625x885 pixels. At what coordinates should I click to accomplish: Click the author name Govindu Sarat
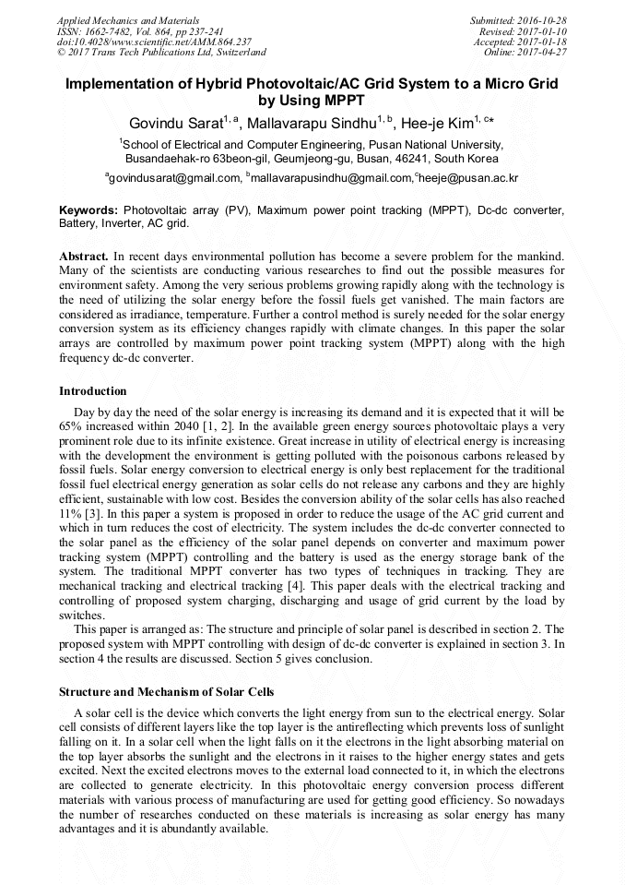(174, 123)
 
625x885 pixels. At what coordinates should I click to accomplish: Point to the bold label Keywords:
(89, 210)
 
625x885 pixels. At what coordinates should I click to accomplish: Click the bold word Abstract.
(84, 254)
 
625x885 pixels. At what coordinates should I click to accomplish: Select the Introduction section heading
(93, 391)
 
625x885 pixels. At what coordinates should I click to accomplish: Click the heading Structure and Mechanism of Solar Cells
(166, 692)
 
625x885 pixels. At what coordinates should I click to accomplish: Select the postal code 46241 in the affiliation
(399, 158)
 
